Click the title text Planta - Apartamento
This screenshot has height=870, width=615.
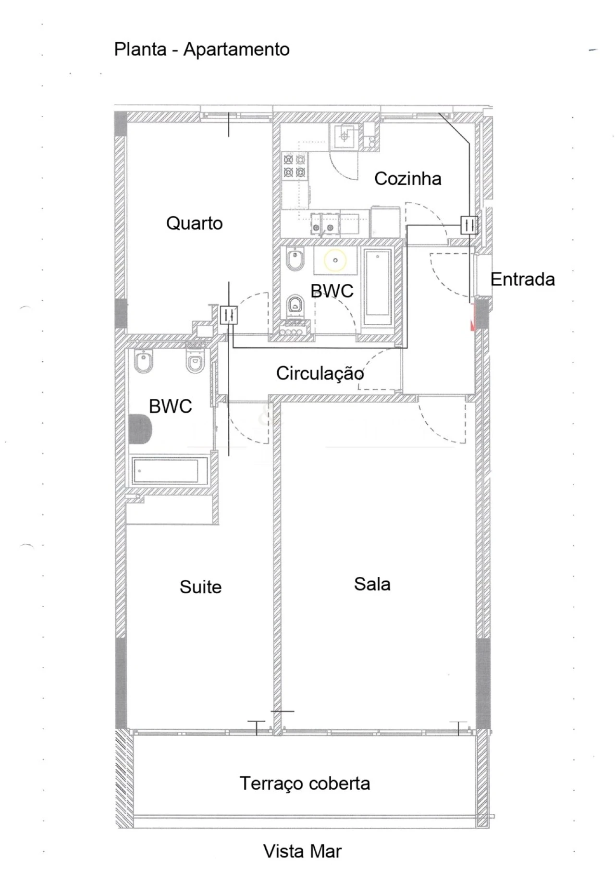[x=201, y=49]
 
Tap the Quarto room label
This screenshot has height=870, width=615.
[x=194, y=223]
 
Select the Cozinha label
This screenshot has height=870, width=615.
[x=407, y=179]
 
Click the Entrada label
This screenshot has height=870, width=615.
[x=522, y=279]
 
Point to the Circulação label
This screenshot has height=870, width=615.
[x=320, y=373]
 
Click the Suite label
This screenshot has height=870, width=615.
[x=200, y=587]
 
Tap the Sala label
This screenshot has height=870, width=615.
[x=372, y=584]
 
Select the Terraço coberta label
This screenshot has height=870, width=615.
[x=305, y=784]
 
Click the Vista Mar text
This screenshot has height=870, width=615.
[x=302, y=851]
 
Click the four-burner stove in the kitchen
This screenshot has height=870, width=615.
[x=295, y=166]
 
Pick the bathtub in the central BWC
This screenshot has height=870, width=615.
[x=377, y=288]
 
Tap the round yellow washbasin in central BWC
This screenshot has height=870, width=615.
[x=335, y=260]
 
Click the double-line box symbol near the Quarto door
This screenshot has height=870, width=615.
[x=229, y=316]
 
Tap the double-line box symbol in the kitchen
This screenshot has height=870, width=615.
[x=469, y=225]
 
